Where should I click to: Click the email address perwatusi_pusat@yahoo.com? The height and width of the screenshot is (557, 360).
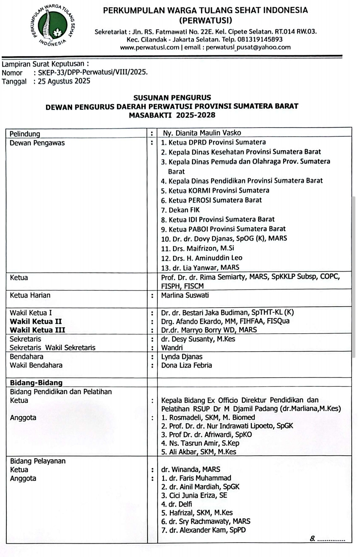point(248,47)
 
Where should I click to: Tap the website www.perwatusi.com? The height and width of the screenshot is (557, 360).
point(150,47)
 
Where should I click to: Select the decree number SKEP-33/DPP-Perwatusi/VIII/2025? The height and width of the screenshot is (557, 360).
point(93,72)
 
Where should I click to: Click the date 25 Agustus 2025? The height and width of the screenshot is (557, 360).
point(64,81)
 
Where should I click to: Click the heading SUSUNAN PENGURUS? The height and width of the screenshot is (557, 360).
point(172,98)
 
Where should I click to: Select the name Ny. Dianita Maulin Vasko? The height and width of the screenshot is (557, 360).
point(202,133)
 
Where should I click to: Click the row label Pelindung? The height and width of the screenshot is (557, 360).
point(25,134)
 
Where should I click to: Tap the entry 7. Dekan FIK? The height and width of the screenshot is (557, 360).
point(180,210)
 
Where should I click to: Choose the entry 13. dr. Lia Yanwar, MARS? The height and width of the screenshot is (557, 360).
point(200,267)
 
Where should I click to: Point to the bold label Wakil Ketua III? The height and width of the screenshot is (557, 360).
point(37,330)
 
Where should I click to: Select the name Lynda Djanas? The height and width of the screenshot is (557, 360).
point(182,357)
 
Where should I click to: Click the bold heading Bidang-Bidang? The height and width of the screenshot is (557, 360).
point(36,383)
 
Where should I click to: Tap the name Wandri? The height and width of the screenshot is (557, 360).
point(172,348)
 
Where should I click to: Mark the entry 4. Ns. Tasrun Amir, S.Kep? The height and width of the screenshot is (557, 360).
point(200,443)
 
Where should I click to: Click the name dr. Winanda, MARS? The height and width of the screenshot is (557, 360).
point(191,470)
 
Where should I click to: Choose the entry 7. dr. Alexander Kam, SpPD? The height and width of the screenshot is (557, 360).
point(203,530)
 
